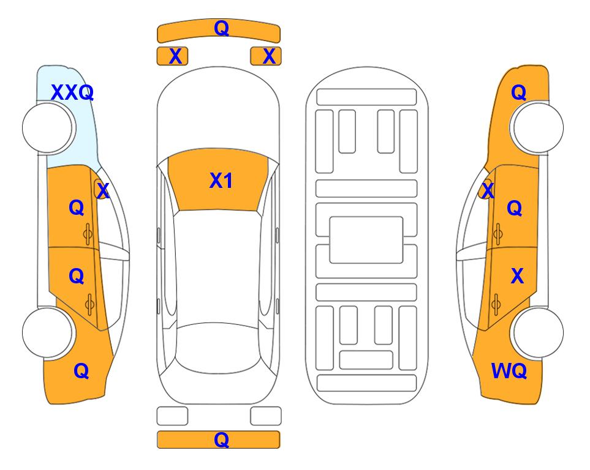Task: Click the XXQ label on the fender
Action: (72, 92)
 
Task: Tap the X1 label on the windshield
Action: (221, 181)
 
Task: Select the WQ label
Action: (509, 371)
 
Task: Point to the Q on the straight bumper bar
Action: (221, 439)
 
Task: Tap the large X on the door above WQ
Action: (517, 276)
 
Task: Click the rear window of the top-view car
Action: (219, 348)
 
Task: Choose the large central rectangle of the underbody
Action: (366, 240)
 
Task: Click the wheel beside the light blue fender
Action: (47, 128)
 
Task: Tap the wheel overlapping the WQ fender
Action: (539, 332)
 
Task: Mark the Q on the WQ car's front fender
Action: (518, 92)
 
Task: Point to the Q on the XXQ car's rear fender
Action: (81, 371)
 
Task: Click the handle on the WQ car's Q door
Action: (497, 234)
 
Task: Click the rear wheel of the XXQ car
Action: (47, 332)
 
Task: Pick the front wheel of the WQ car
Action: (539, 128)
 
